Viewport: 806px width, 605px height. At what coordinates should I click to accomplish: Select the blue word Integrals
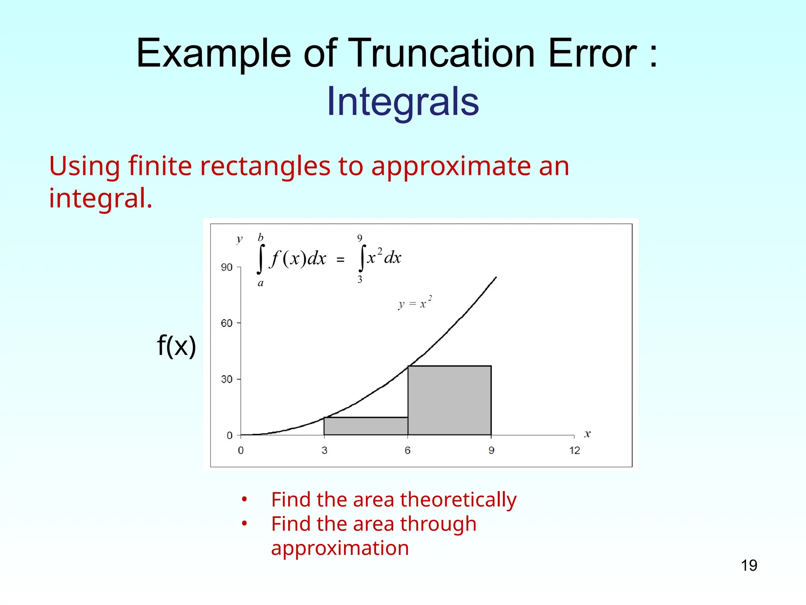tap(403, 102)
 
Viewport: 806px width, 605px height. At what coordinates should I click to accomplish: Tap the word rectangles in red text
tap(265, 166)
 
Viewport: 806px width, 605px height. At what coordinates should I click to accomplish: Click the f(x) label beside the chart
tap(176, 345)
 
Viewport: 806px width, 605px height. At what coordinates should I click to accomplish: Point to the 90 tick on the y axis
tap(227, 267)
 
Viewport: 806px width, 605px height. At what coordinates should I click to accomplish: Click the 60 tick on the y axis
tap(227, 323)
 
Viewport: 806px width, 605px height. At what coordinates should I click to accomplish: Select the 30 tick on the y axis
tap(227, 379)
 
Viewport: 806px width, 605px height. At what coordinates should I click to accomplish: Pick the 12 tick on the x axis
tap(575, 451)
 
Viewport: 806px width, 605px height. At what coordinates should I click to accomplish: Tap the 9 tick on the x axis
tap(491, 451)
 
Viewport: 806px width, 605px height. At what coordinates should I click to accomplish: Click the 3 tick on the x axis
tap(324, 451)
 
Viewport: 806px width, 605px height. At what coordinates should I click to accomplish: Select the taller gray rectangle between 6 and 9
tap(449, 400)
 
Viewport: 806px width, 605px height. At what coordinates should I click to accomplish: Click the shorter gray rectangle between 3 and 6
tap(366, 426)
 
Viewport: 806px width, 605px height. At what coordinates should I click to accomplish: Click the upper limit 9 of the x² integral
tap(360, 238)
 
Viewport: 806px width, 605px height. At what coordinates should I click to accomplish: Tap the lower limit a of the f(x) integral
tap(261, 283)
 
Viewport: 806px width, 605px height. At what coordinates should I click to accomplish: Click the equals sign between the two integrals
tap(340, 260)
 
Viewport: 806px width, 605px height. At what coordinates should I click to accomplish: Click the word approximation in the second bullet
tap(340, 548)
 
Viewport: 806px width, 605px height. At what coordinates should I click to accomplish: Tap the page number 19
tap(749, 566)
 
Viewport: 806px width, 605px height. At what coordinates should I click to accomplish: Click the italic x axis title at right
tap(587, 434)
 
